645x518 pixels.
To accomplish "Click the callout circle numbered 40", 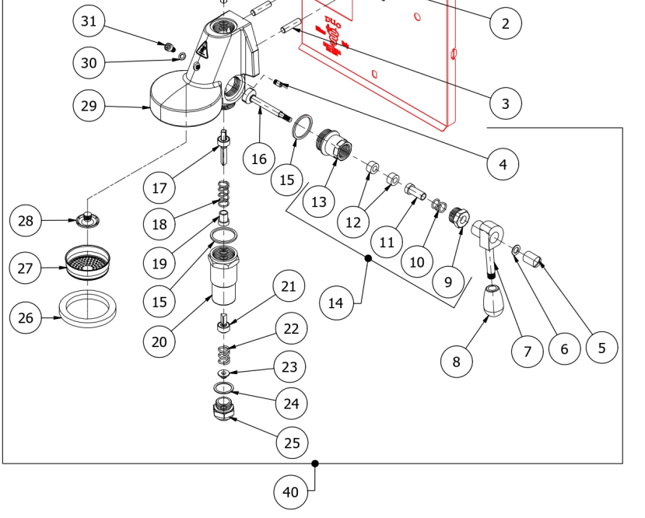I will (290, 492).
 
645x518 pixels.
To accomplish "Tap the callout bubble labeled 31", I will (89, 21).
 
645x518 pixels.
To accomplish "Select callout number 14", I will (335, 303).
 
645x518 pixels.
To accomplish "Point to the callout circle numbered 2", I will (506, 23).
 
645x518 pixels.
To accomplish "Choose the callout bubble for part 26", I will (26, 317).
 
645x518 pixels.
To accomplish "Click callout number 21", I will (289, 287).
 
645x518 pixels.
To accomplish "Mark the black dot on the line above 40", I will (315, 464).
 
